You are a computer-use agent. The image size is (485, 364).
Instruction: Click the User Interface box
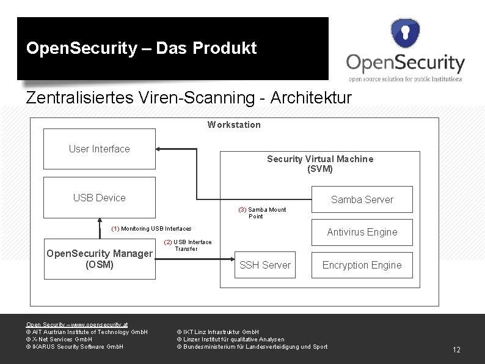tap(100, 149)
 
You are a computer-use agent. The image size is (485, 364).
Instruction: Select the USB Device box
tap(100, 198)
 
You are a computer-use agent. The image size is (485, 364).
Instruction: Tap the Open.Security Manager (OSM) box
tap(100, 259)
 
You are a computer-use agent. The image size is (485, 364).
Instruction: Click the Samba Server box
tap(362, 199)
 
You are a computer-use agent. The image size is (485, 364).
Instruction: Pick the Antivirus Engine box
tap(362, 232)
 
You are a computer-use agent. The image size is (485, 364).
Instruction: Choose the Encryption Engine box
tap(362, 265)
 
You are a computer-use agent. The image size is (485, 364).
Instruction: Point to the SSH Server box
tap(265, 265)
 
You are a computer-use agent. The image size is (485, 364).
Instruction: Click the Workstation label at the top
tap(234, 125)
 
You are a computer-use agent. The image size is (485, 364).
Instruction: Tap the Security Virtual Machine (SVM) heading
tap(319, 163)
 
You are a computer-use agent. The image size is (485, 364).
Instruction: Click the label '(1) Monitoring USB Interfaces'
tap(151, 228)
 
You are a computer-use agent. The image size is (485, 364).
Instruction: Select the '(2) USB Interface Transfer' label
tap(188, 245)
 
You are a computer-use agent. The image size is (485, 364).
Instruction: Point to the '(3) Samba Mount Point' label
tap(262, 213)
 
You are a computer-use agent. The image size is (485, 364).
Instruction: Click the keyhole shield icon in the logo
tap(406, 32)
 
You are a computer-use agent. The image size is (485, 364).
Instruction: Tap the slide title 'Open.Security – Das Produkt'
tap(141, 48)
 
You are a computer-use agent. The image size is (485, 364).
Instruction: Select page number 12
tap(456, 350)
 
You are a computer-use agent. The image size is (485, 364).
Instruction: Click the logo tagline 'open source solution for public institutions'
tap(405, 78)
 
